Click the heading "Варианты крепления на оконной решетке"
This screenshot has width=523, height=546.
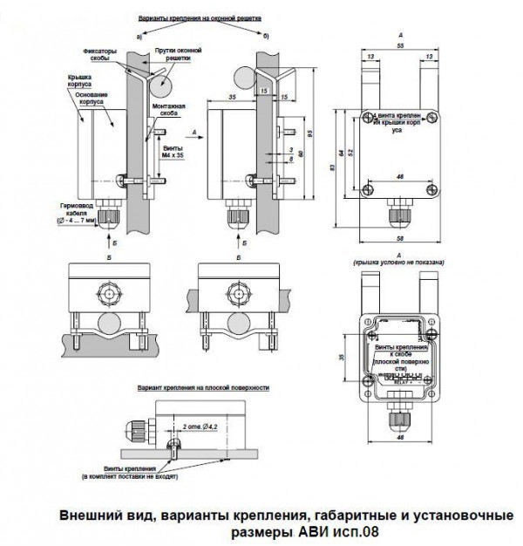tap(200, 17)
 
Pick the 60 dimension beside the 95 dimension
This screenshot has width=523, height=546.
tap(300, 154)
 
